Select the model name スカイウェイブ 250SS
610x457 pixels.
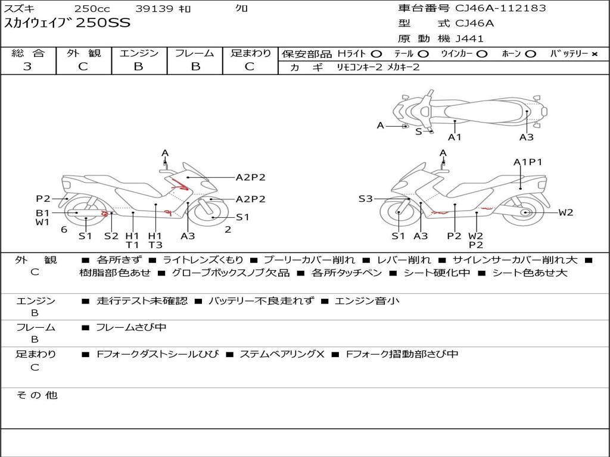pyautogui.click(x=67, y=24)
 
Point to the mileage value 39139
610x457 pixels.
pyautogui.click(x=154, y=8)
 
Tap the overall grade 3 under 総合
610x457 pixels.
pyautogui.click(x=27, y=67)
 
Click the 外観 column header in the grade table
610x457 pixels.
pyautogui.click(x=83, y=53)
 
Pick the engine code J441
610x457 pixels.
pyautogui.click(x=469, y=39)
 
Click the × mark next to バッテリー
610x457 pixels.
pyautogui.click(x=594, y=54)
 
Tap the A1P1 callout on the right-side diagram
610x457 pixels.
pyautogui.click(x=528, y=162)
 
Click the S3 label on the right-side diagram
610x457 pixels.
pyautogui.click(x=365, y=199)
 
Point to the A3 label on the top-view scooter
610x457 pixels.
pyautogui.click(x=526, y=137)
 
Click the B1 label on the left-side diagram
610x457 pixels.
pyautogui.click(x=42, y=212)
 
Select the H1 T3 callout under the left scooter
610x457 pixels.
pyautogui.click(x=155, y=240)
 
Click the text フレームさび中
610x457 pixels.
pyautogui.click(x=131, y=327)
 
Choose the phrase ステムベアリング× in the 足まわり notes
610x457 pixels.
pyautogui.click(x=281, y=354)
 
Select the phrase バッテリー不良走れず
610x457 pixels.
pyautogui.click(x=261, y=301)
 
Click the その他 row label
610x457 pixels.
pyautogui.click(x=36, y=395)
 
